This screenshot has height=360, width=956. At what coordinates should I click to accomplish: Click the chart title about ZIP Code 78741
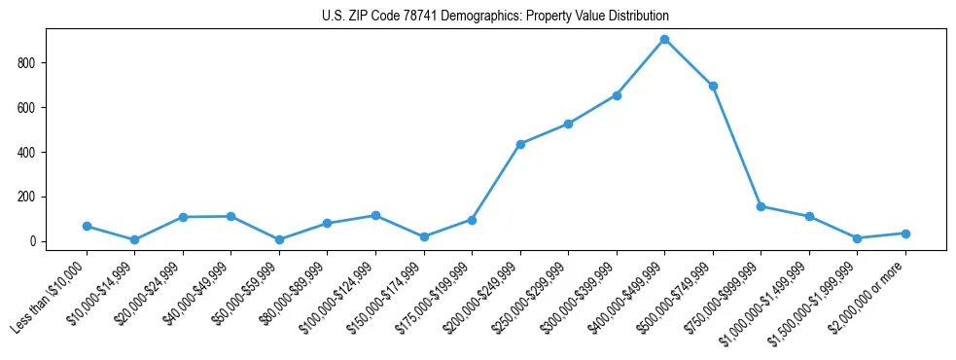click(x=495, y=17)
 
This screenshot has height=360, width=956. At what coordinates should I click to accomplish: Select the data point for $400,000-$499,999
click(x=664, y=40)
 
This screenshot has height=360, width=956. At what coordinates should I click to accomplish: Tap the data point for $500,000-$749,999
click(x=713, y=86)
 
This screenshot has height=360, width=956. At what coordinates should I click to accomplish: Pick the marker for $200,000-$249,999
click(x=520, y=144)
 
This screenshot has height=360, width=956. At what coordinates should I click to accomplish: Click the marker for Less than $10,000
click(x=87, y=226)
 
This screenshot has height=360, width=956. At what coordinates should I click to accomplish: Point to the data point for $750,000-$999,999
click(x=761, y=206)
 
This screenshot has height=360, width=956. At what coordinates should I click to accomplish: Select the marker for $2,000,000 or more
click(x=905, y=234)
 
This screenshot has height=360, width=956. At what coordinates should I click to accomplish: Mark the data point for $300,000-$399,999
click(x=617, y=95)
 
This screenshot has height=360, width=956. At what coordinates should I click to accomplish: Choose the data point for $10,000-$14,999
click(x=134, y=239)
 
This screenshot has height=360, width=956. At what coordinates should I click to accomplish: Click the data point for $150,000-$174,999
click(x=424, y=236)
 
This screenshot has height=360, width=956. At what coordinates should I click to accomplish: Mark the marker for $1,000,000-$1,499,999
click(x=809, y=216)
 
